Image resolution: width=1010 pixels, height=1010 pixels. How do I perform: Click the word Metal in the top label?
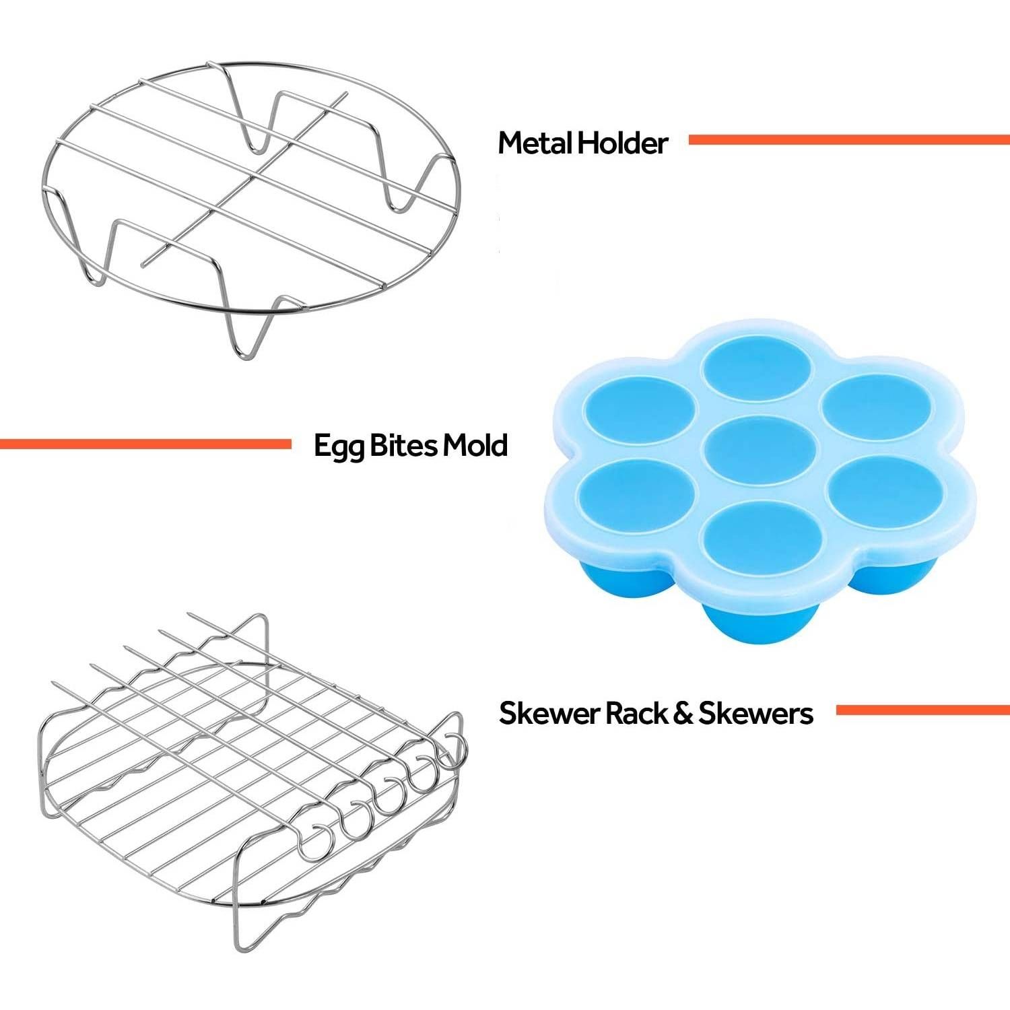pos(535,143)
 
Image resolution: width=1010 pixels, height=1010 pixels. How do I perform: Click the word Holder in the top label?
pos(623,143)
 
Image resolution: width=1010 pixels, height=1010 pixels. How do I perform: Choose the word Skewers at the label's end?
pos(755,713)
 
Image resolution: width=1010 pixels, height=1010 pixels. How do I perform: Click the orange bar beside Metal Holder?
pos(849,139)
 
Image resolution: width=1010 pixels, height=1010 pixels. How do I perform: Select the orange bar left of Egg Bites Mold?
pos(145,444)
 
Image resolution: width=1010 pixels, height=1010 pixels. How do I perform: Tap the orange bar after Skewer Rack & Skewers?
pos(922,710)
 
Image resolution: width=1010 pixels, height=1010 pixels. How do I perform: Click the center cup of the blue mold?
pos(760,448)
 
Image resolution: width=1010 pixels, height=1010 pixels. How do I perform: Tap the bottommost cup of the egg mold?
pos(758,535)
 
